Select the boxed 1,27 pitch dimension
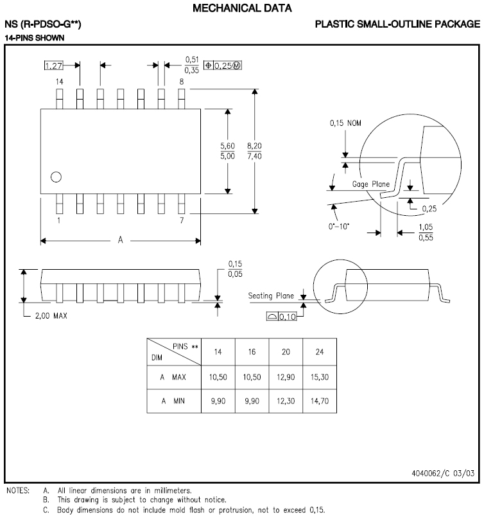pos(55,65)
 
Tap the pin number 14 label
pos(59,82)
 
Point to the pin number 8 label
pos(182,82)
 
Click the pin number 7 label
pos(182,220)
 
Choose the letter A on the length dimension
pos(120,240)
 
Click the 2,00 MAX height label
pos(51,316)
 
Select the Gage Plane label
pos(371,184)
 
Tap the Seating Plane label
pos(271,295)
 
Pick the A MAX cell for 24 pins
pos(320,377)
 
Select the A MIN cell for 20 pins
pos(286,401)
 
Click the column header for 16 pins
pos(252,353)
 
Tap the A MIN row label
pos(173,401)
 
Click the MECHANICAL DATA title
pos(242,8)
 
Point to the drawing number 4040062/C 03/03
pos(443,473)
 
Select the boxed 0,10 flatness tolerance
pos(280,316)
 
